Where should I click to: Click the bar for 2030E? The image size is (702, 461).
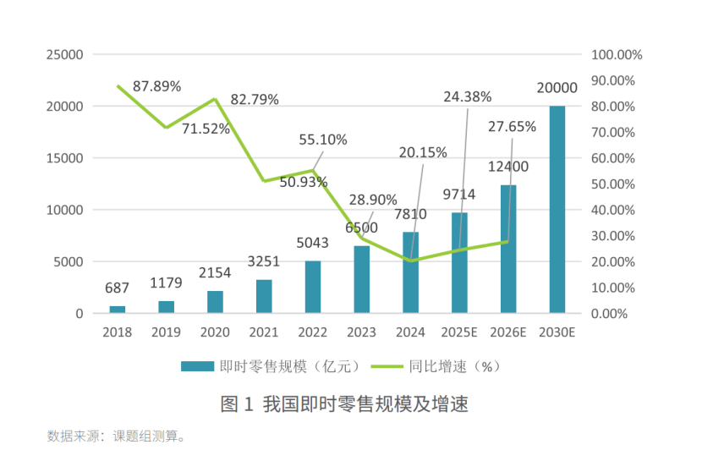click(x=557, y=209)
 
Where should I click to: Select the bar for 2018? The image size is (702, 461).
click(x=117, y=309)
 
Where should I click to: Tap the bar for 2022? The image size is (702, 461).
click(x=313, y=287)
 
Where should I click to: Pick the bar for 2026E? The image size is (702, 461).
click(x=508, y=249)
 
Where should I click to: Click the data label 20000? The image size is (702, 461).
click(x=557, y=88)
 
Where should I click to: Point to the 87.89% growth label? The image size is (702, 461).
click(x=156, y=85)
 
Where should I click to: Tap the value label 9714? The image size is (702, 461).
click(x=458, y=195)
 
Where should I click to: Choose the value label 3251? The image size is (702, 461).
click(x=264, y=263)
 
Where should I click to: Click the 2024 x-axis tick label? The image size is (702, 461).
click(x=410, y=332)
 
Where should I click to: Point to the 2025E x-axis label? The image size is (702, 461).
click(x=459, y=332)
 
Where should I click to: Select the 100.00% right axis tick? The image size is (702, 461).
click(x=617, y=55)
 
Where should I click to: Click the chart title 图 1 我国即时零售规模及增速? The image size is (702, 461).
click(x=344, y=404)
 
